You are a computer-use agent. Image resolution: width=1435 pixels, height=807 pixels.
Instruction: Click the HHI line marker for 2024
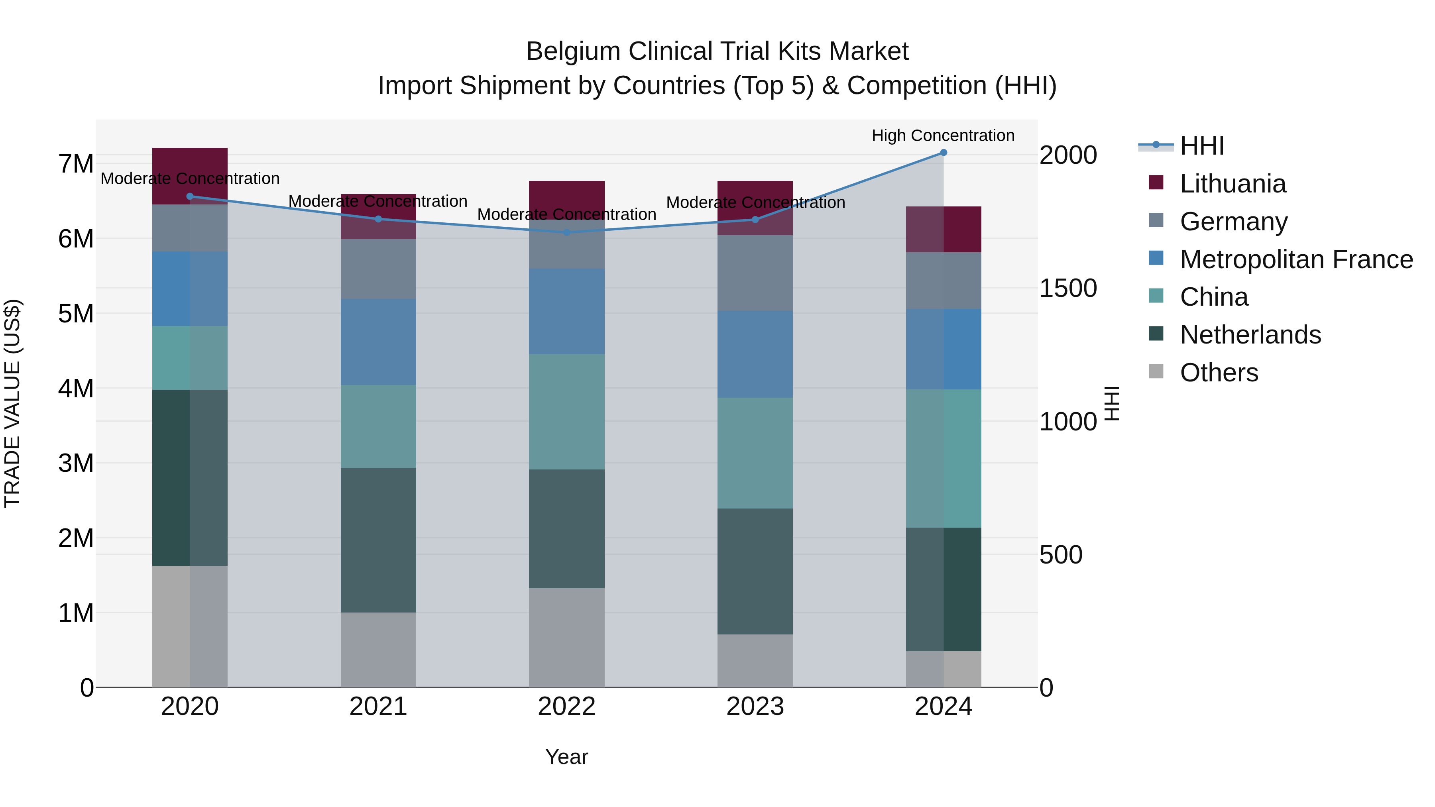click(943, 152)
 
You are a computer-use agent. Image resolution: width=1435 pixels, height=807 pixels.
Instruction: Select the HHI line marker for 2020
click(190, 196)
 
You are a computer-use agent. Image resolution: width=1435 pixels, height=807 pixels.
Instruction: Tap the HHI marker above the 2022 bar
click(566, 232)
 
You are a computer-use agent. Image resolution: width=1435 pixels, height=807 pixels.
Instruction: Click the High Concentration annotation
click(943, 135)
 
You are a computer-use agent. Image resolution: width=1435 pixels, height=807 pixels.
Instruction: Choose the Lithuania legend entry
click(1232, 184)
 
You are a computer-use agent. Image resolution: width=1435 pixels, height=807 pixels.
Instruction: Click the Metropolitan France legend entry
click(1296, 259)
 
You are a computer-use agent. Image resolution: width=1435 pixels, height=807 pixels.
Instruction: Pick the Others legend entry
click(1218, 373)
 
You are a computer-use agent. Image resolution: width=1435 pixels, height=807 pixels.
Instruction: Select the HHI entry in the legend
click(1201, 146)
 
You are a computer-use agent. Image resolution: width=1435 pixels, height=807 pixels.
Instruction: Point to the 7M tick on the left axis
click(76, 164)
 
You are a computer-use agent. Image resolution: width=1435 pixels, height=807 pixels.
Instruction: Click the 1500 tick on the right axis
click(1068, 288)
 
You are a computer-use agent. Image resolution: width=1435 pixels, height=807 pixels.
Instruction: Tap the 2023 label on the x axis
click(755, 707)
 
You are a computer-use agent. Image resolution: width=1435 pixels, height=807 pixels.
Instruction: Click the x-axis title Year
click(566, 757)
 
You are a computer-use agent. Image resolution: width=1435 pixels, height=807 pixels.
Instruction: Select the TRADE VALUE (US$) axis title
click(12, 403)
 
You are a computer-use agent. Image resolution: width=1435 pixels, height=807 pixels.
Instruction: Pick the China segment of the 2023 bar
click(755, 453)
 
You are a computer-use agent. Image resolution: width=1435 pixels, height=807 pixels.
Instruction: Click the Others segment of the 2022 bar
click(566, 637)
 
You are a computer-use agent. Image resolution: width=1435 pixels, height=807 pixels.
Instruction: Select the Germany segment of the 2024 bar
click(943, 280)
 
